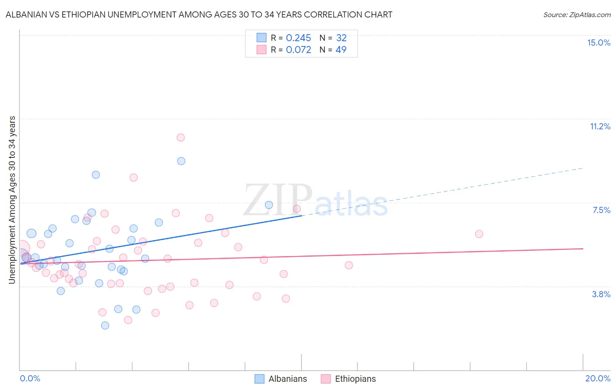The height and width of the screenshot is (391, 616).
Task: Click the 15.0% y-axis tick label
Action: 598,43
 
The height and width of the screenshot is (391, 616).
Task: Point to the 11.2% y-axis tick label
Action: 600,126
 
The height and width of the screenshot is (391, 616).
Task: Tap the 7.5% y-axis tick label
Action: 601,210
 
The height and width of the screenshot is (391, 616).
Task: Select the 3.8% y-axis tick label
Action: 601,294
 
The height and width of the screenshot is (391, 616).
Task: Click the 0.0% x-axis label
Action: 30,378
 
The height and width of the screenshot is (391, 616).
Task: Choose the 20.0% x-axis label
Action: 598,378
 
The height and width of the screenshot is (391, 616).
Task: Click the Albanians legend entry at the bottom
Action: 281,379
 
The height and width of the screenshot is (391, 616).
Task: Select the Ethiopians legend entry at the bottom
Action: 348,379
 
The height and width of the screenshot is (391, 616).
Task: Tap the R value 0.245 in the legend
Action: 298,38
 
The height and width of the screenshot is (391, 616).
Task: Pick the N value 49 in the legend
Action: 341,50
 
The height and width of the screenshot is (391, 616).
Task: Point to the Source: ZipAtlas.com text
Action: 577,14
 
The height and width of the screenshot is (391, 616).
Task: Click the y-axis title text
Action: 12,200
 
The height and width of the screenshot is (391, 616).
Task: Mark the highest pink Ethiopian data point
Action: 181,138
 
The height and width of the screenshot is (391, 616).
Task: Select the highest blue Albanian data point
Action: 181,161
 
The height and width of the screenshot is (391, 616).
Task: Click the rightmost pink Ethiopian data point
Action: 479,234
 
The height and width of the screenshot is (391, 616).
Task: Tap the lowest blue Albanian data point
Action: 105,325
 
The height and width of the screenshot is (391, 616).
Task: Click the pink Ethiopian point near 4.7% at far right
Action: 349,265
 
